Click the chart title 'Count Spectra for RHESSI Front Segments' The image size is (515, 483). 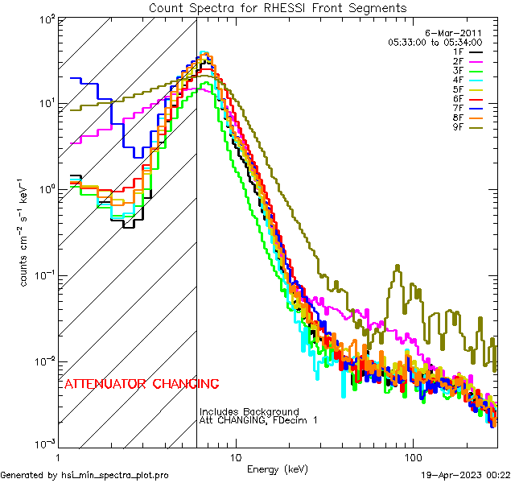[278, 8]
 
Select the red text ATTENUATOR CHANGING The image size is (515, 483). [141, 383]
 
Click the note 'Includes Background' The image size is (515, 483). [249, 412]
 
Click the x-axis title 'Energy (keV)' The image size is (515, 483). [278, 469]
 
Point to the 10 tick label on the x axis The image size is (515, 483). [235, 456]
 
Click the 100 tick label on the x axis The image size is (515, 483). [413, 456]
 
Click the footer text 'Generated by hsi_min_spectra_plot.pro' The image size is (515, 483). [84, 475]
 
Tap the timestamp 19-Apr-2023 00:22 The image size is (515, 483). [468, 475]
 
